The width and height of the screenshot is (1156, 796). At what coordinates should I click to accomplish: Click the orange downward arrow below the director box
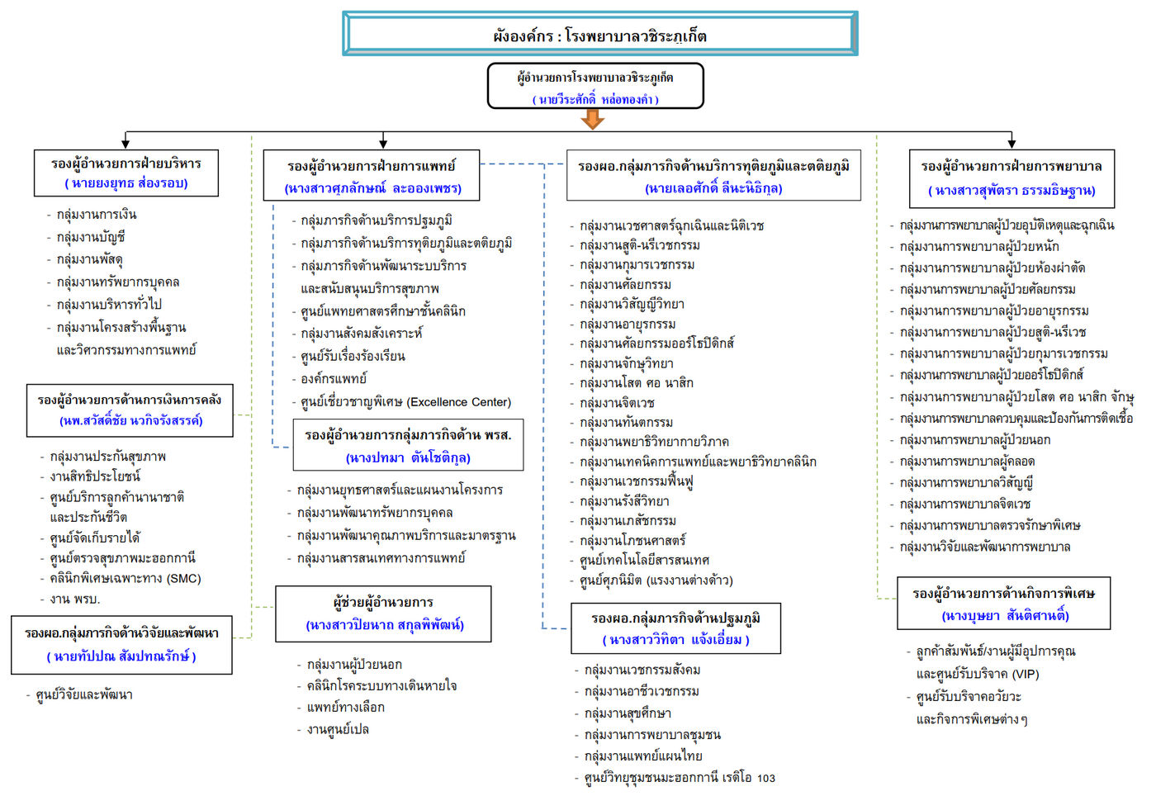pyautogui.click(x=593, y=119)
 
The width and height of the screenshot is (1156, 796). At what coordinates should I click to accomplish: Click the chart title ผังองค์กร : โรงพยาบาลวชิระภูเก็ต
pyautogui.click(x=599, y=36)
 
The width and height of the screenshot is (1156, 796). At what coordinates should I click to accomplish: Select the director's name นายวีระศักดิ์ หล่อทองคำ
pyautogui.click(x=595, y=100)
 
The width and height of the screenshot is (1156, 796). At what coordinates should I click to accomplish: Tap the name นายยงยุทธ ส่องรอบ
pyautogui.click(x=126, y=183)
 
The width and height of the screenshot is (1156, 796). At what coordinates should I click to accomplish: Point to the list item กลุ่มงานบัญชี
pyautogui.click(x=91, y=237)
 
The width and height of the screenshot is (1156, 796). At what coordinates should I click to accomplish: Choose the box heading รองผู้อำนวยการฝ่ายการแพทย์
pyautogui.click(x=372, y=166)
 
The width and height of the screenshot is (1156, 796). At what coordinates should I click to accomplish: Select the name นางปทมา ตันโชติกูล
pyautogui.click(x=408, y=458)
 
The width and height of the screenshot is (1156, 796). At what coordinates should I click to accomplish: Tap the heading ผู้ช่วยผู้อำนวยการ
pyautogui.click(x=383, y=602)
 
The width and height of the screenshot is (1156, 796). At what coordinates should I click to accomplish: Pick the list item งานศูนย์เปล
pyautogui.click(x=338, y=729)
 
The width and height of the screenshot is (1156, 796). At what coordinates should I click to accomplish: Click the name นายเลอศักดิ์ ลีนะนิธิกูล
pyautogui.click(x=713, y=188)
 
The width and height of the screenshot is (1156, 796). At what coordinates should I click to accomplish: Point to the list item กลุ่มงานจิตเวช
pyautogui.click(x=617, y=403)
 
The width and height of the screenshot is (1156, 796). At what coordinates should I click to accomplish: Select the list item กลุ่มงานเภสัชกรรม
pyautogui.click(x=628, y=520)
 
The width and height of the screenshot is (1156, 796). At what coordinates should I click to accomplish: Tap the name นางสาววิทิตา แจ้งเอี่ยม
pyautogui.click(x=675, y=640)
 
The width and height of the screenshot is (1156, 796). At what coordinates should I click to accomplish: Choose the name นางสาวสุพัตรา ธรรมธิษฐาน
pyautogui.click(x=1011, y=191)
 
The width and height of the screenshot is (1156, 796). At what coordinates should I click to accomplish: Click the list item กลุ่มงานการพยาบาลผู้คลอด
pyautogui.click(x=967, y=461)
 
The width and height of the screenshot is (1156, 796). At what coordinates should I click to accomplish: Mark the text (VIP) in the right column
pyautogui.click(x=1025, y=674)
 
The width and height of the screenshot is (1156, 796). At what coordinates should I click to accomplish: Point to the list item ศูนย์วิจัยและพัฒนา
pyautogui.click(x=83, y=694)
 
